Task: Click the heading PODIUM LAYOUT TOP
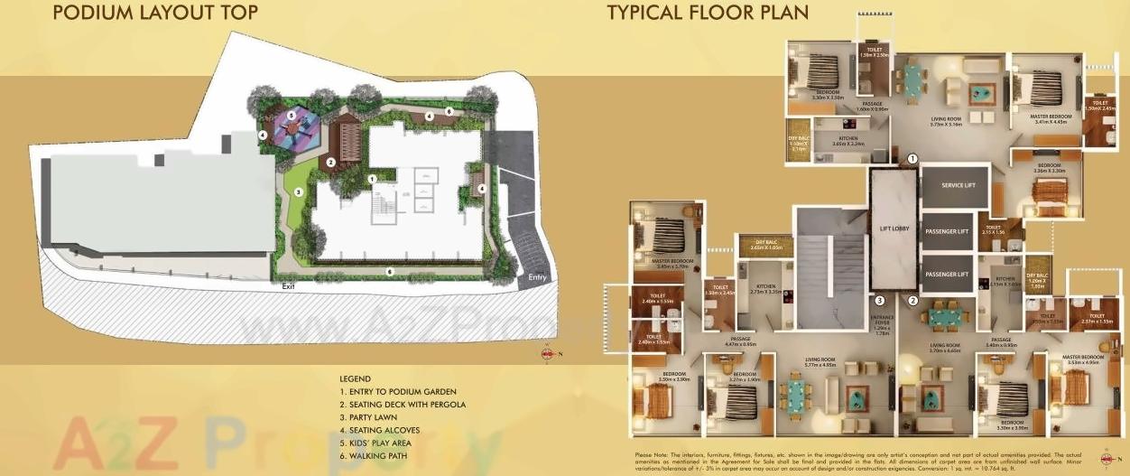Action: pyautogui.click(x=155, y=13)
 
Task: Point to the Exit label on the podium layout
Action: pyautogui.click(x=287, y=286)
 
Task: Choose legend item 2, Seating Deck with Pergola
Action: pyautogui.click(x=403, y=405)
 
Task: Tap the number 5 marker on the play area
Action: pyautogui.click(x=291, y=116)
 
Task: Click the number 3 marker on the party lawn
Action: pyautogui.click(x=298, y=191)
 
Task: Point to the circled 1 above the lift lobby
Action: pyautogui.click(x=912, y=158)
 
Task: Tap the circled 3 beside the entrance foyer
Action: pyautogui.click(x=879, y=301)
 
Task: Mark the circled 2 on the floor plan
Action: pyautogui.click(x=912, y=301)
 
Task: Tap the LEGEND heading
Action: pyautogui.click(x=356, y=378)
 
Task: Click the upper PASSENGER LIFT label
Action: pyautogui.click(x=949, y=231)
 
